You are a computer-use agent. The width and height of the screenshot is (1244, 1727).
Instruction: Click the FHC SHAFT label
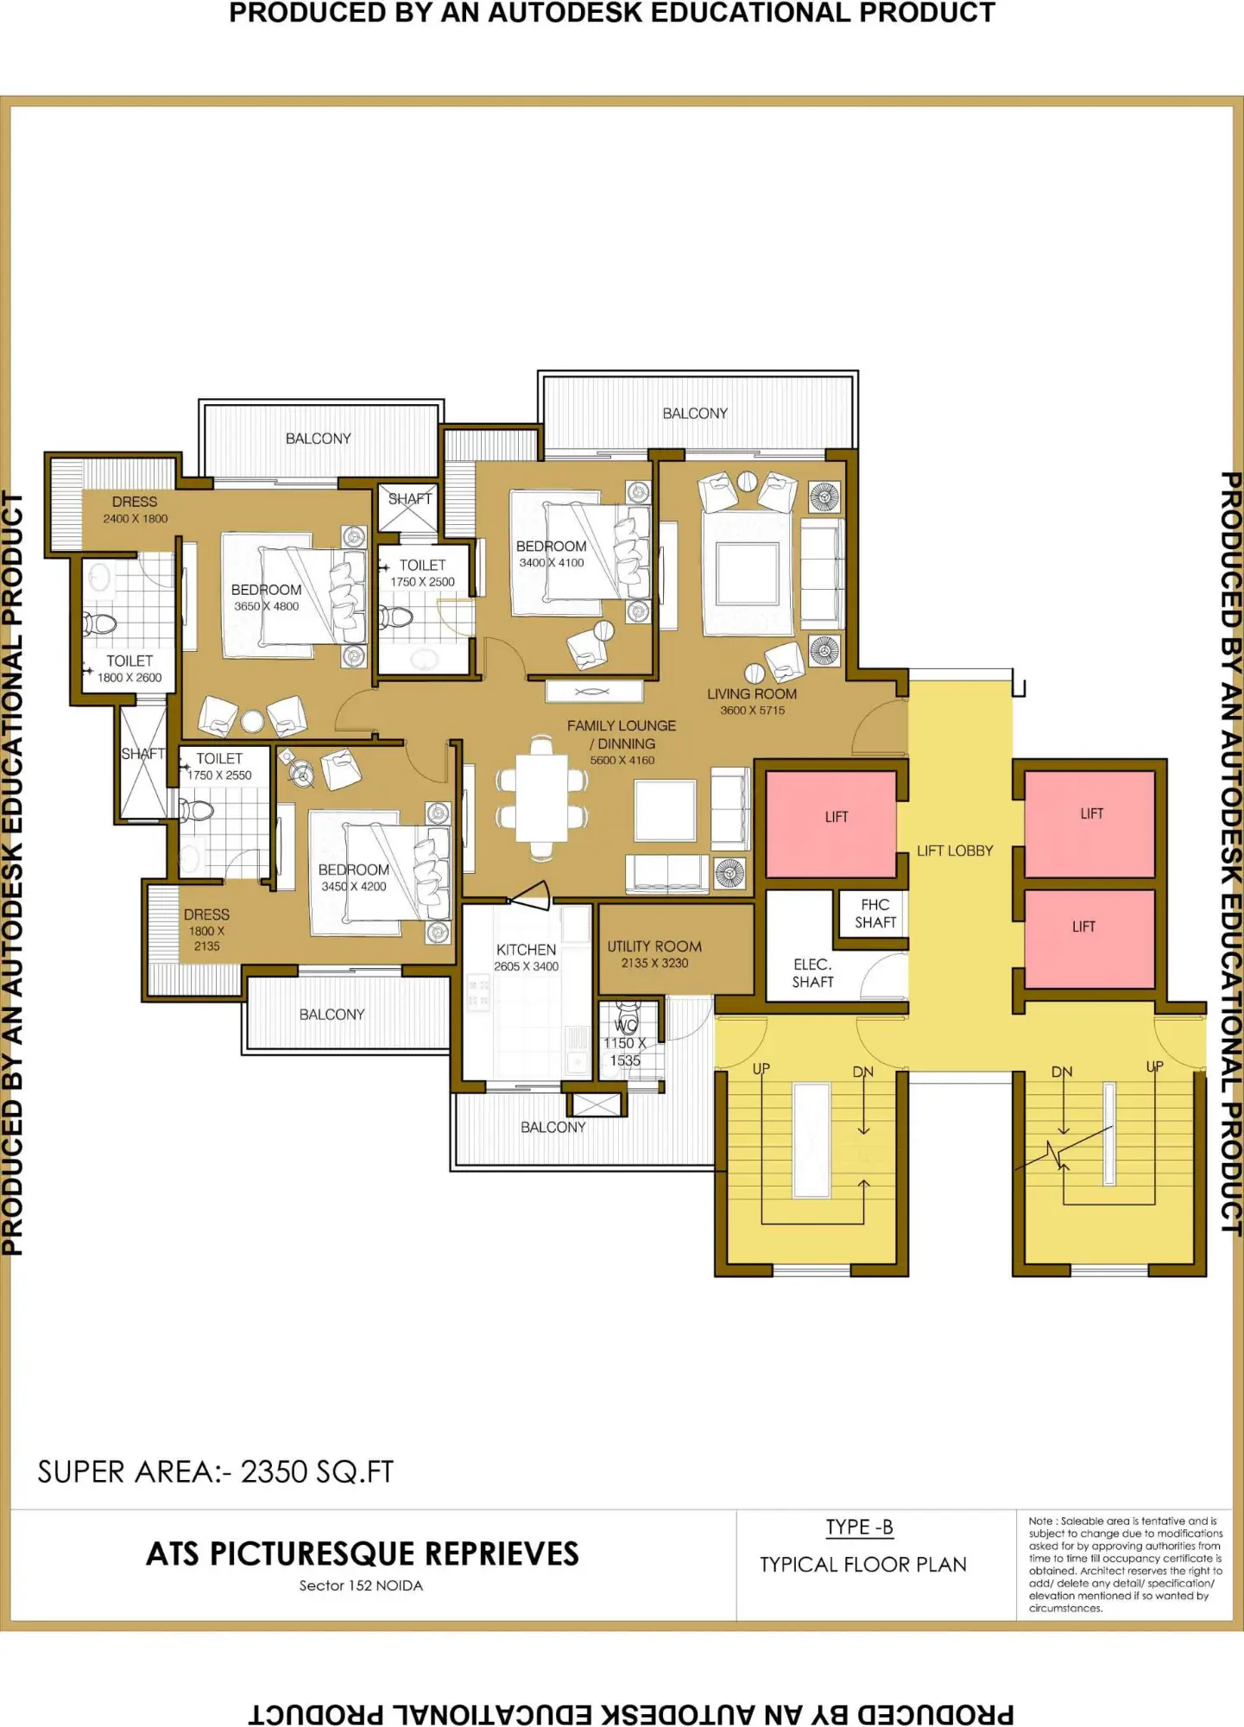875,914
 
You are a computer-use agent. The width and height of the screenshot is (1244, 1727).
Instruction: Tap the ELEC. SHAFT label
813,973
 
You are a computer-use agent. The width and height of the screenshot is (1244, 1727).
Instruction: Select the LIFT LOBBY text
955,851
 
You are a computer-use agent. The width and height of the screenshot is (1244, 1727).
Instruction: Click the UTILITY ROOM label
654,946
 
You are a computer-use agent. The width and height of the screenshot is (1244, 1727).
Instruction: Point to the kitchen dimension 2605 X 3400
527,966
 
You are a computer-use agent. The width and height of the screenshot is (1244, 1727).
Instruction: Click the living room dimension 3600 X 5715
753,711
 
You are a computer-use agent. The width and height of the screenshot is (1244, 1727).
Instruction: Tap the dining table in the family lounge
541,799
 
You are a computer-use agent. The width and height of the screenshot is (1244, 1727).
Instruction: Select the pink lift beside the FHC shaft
831,825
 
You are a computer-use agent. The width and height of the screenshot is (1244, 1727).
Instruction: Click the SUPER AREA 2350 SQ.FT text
216,1472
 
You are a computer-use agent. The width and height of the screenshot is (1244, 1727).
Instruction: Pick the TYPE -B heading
860,1528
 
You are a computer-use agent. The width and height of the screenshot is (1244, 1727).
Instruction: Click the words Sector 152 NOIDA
361,1586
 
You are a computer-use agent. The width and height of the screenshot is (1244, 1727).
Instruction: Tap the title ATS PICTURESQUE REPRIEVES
363,1553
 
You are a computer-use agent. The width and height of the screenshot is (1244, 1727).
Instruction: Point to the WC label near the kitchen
626,1026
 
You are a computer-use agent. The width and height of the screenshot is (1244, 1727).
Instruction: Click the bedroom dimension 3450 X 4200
354,887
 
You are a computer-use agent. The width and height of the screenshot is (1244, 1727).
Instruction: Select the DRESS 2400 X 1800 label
136,510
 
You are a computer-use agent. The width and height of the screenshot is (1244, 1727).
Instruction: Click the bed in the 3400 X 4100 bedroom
580,553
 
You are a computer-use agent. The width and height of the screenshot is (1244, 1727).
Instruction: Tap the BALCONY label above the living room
695,414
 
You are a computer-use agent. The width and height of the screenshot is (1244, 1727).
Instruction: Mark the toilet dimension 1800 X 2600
129,678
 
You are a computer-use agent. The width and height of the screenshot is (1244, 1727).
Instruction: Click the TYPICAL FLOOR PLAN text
863,1565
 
